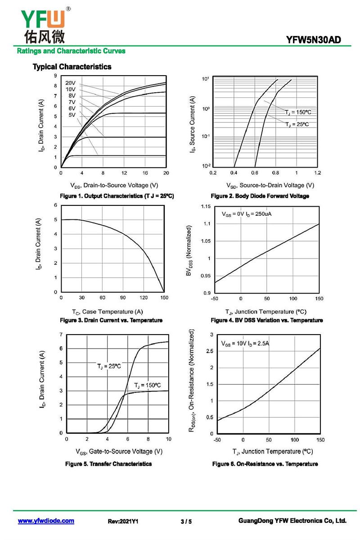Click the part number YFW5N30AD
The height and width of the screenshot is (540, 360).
click(313, 40)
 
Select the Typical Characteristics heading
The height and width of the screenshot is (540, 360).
click(72, 67)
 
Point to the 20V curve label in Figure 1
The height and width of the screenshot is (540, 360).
click(70, 83)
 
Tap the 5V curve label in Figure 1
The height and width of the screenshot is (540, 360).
click(72, 115)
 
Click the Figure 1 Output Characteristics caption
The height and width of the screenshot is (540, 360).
click(117, 196)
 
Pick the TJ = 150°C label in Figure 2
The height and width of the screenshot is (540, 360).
click(298, 112)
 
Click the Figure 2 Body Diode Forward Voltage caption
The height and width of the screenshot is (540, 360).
click(260, 196)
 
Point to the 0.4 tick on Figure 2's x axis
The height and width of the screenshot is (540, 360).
click(234, 172)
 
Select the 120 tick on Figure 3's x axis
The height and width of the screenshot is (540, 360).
click(144, 298)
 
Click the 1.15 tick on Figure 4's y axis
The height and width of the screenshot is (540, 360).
click(205, 207)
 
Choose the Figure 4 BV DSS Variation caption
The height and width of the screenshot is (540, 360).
click(267, 320)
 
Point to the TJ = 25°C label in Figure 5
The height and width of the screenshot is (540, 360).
click(109, 367)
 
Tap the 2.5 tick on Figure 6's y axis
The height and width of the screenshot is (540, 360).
click(209, 351)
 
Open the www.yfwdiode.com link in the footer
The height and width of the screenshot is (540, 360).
click(46, 521)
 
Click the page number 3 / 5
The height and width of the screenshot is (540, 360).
click(186, 522)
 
